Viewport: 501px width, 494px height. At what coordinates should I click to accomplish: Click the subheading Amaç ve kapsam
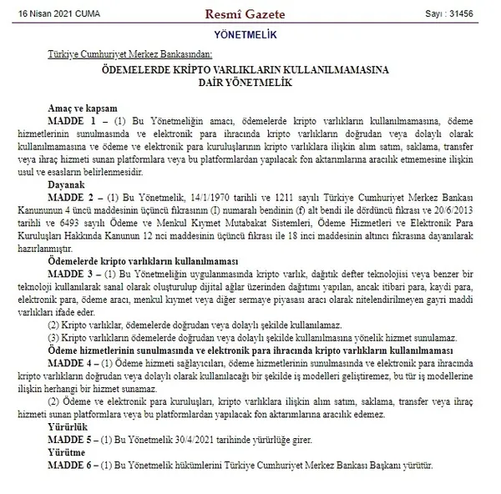click(88, 108)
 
